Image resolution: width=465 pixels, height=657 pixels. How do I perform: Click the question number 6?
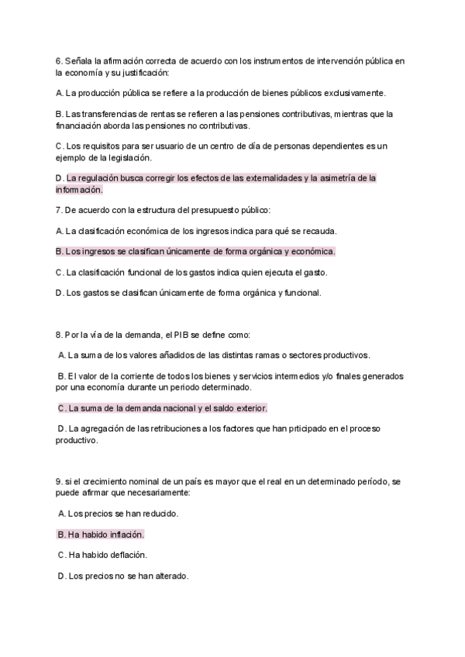tap(58, 60)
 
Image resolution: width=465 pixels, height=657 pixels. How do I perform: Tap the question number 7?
tap(58, 210)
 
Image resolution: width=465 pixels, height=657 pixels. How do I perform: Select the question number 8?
tap(58, 335)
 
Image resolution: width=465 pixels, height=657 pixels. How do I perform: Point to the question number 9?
tap(58, 482)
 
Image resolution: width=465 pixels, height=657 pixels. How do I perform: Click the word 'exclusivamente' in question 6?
tap(353, 93)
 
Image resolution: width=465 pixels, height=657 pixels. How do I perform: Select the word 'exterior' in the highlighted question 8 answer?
tap(249, 408)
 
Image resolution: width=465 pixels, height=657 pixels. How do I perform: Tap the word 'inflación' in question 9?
tap(125, 535)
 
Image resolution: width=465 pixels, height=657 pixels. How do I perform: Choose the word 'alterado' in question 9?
tap(170, 576)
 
